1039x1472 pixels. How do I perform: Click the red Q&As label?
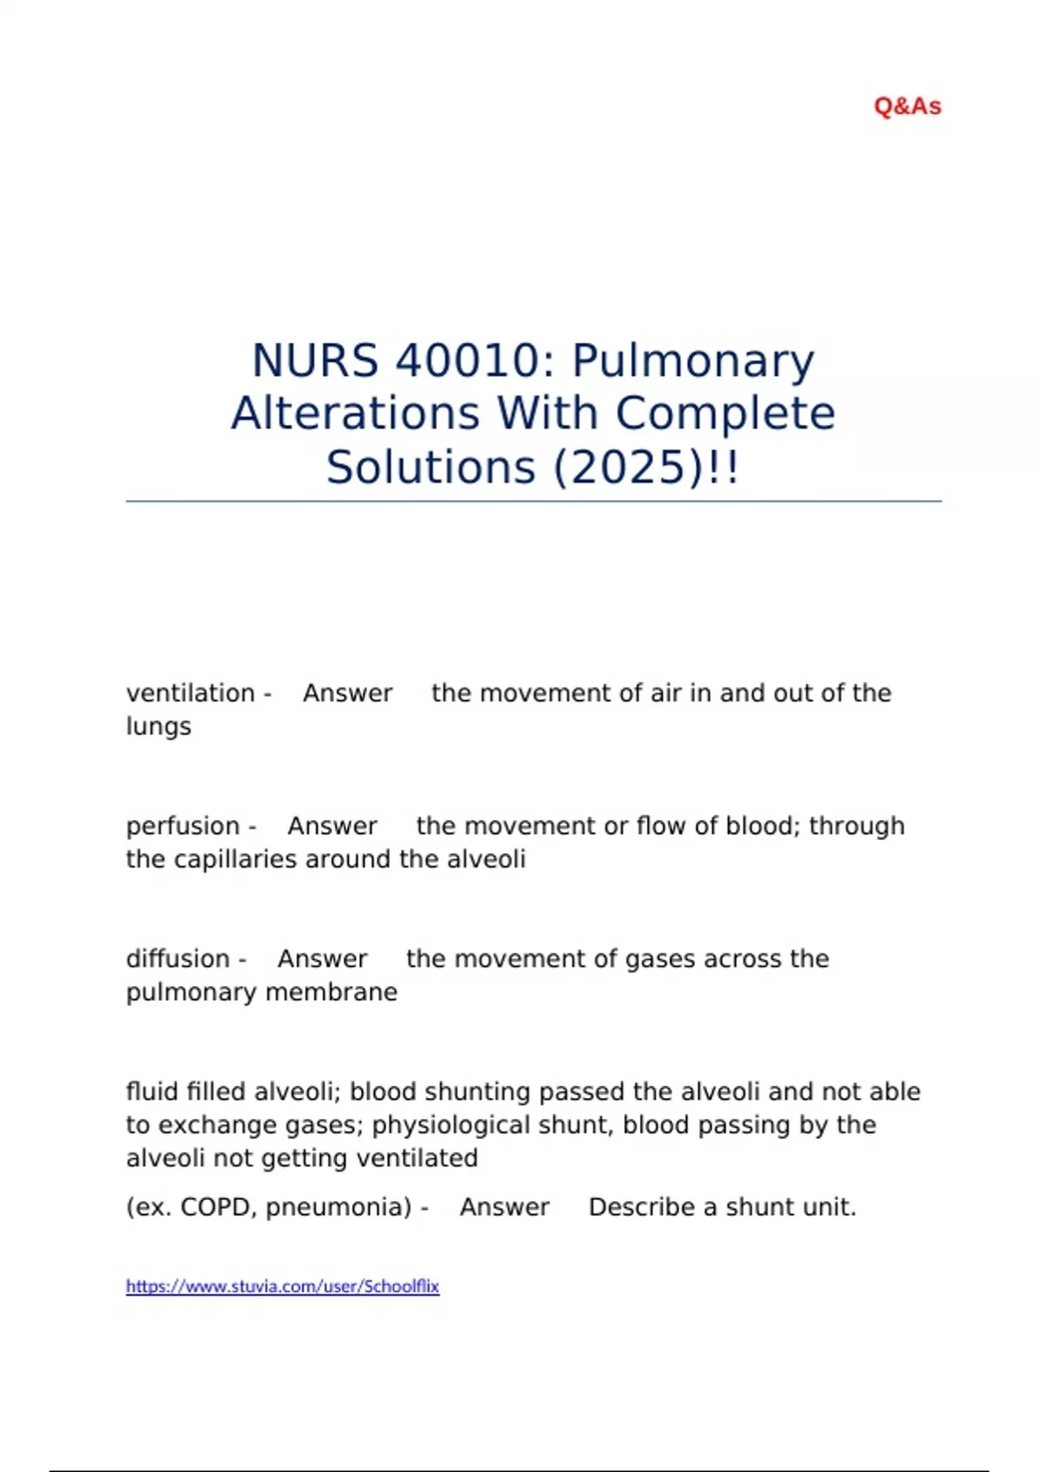pos(907,107)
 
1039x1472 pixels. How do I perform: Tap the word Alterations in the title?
pos(355,413)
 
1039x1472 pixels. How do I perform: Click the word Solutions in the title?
pos(431,468)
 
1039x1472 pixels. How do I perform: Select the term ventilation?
pos(190,694)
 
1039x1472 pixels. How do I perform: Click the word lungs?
pos(158,727)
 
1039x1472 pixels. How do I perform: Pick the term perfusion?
pos(183,827)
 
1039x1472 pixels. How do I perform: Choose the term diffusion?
pos(177,959)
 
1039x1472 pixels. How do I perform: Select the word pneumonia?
pos(339,1208)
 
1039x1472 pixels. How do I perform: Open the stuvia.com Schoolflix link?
pos(282,1287)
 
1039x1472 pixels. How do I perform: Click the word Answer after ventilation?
pos(347,694)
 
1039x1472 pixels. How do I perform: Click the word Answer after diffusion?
pos(322,959)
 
